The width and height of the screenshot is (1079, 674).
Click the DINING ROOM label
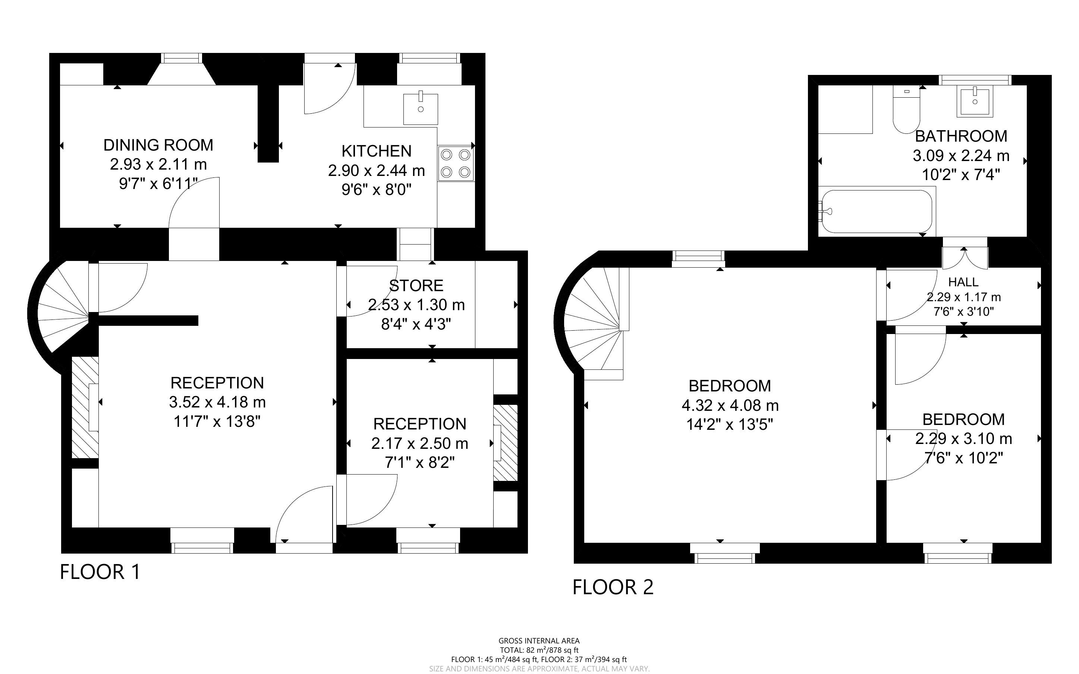click(158, 145)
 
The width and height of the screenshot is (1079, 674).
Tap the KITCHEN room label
click(376, 151)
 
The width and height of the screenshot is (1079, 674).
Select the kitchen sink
click(420, 109)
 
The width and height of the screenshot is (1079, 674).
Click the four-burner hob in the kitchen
click(456, 164)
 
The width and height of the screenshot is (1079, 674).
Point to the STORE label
click(416, 285)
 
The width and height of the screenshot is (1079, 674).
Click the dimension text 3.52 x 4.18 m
click(217, 402)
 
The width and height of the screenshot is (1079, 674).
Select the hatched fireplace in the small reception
click(506, 442)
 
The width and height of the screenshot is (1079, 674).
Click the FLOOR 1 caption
click(100, 572)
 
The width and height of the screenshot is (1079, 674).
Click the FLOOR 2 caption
click(613, 587)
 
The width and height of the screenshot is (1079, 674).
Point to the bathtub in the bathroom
click(877, 211)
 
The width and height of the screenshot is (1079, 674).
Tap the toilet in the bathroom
click(906, 109)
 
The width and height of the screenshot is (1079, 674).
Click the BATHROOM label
click(961, 136)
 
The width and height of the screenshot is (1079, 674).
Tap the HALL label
click(963, 282)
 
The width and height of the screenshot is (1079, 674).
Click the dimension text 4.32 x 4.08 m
click(730, 406)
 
